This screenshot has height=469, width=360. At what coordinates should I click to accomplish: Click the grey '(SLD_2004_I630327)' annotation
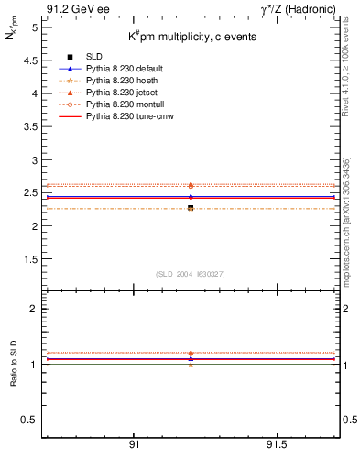(191, 274)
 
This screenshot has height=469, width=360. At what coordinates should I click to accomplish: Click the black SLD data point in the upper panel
(191, 208)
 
